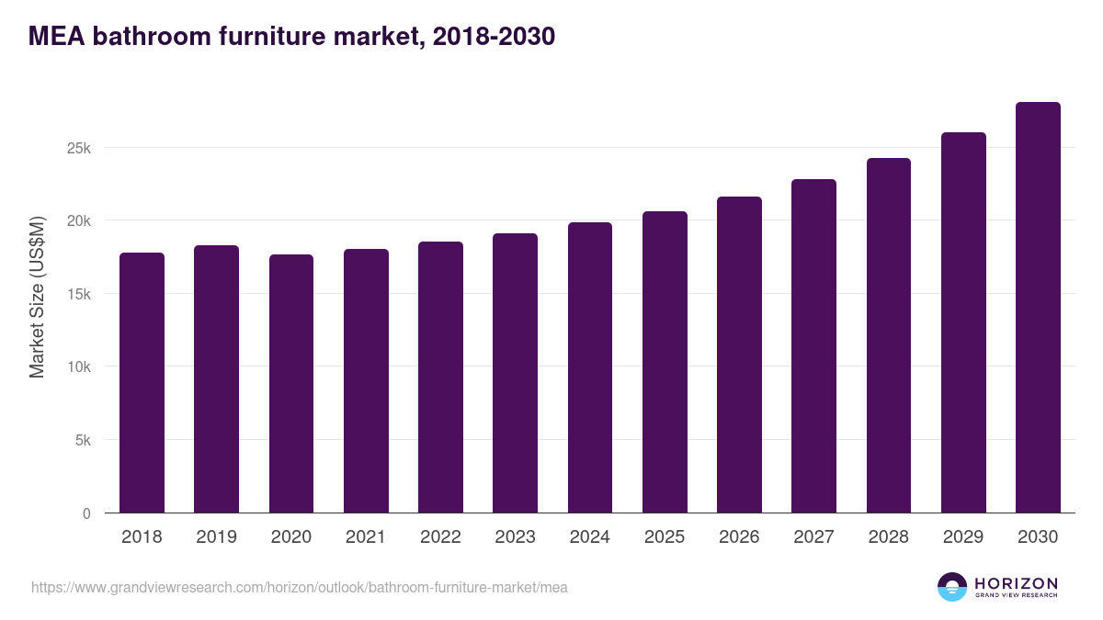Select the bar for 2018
point(142,383)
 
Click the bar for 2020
point(291,384)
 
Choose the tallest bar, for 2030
point(1038,308)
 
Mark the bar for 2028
point(888,335)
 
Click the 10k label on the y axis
point(79,366)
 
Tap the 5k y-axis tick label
point(83,440)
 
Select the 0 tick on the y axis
point(86,513)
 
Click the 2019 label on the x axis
point(216,537)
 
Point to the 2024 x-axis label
point(589,537)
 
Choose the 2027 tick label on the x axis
point(813,537)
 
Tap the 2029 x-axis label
point(963,537)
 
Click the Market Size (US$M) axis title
point(37,296)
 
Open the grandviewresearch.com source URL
point(299,587)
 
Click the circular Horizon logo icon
point(952,587)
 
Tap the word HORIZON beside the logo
point(1016,583)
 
